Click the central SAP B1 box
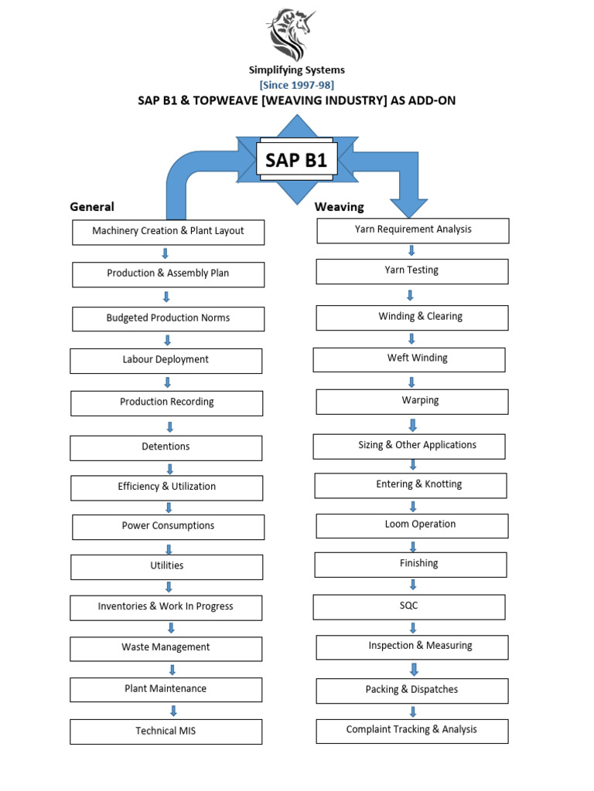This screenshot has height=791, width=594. [296, 161]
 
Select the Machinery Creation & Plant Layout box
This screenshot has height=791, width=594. [168, 232]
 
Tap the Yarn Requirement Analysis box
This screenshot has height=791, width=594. [412, 230]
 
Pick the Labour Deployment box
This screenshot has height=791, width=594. [166, 360]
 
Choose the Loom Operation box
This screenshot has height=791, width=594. [412, 525]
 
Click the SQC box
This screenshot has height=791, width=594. [408, 606]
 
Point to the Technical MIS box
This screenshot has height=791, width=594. [166, 731]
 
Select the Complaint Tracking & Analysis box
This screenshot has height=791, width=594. [411, 730]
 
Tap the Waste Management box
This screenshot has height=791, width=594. [166, 648]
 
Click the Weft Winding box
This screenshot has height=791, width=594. [408, 359]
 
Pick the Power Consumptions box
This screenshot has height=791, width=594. [168, 527]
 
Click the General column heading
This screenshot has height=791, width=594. [92, 206]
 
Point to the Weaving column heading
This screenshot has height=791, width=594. [339, 207]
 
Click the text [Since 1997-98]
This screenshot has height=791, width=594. [296, 85]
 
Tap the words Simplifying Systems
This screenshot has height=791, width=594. [296, 70]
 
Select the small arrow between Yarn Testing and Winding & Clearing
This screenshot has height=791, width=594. [410, 295]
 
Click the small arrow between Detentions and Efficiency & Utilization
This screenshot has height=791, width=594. [169, 468]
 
